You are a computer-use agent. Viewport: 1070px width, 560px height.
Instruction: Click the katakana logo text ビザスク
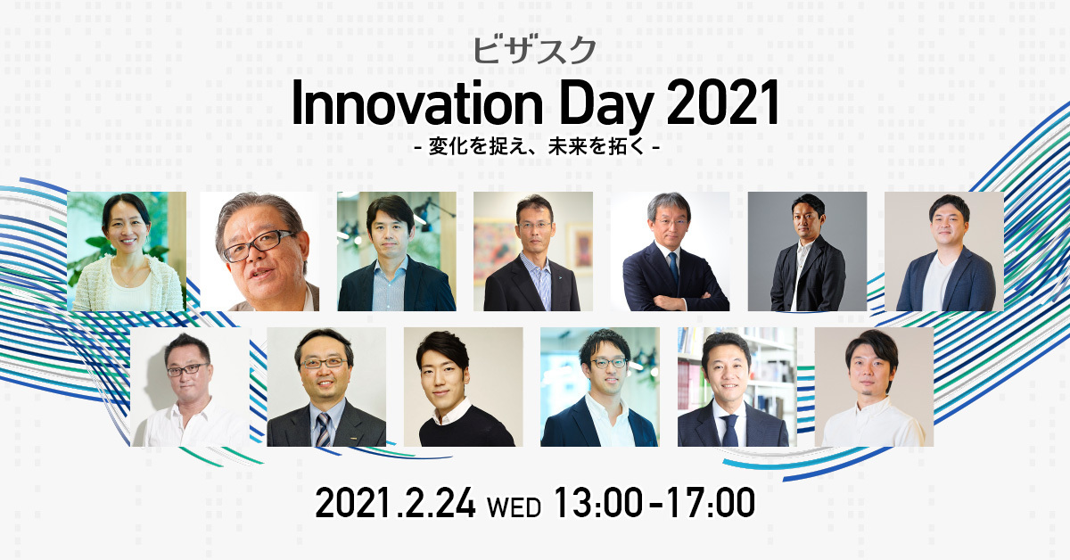tap(534, 52)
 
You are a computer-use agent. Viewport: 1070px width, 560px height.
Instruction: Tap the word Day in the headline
tap(606, 106)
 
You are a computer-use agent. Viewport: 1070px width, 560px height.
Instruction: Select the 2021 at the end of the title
tap(723, 103)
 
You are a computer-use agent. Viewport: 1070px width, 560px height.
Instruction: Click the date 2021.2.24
tap(395, 503)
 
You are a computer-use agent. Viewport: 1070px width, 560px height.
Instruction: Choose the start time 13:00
tap(597, 503)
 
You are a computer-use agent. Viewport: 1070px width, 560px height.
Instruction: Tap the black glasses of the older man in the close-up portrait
tap(259, 245)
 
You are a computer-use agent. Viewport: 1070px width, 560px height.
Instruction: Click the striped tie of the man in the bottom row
tap(323, 430)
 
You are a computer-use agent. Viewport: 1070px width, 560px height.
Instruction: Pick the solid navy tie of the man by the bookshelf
tap(729, 430)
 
